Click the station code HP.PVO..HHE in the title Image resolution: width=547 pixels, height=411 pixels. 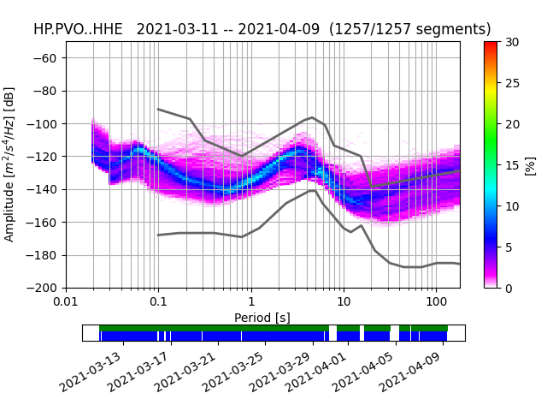(78, 29)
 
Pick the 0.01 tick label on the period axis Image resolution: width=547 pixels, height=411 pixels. (66, 302)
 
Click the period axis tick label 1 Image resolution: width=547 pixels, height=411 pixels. (251, 302)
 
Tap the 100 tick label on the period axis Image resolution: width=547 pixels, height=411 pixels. (436, 302)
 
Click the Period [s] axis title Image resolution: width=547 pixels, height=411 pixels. (262, 317)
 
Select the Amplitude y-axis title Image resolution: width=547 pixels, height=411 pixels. (9, 164)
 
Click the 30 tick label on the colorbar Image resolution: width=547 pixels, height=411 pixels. (511, 42)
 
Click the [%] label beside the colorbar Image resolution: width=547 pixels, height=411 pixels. (530, 164)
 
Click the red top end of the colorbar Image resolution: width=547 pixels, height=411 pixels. (491, 45)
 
